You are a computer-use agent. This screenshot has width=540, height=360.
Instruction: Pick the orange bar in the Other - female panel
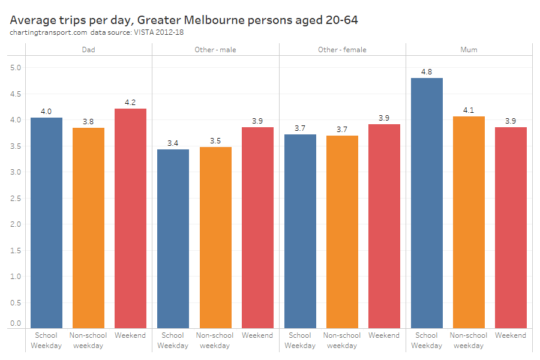[342, 232]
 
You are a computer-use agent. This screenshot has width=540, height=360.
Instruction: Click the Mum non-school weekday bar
[469, 222]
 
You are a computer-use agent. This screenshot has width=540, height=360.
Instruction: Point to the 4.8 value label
[427, 72]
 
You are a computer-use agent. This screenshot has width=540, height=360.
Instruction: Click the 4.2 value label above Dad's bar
[130, 103]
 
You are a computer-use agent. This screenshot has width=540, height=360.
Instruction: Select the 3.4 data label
[173, 143]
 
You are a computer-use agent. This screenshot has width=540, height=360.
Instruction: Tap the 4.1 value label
[469, 110]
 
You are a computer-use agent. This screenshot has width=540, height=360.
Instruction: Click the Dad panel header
[88, 50]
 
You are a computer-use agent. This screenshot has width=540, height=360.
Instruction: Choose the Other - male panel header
[215, 50]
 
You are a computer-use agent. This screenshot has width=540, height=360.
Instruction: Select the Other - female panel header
[342, 50]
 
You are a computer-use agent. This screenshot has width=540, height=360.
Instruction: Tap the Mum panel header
[469, 50]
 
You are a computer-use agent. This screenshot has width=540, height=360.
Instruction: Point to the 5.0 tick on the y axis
[16, 68]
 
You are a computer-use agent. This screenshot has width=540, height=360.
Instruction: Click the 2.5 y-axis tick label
[16, 198]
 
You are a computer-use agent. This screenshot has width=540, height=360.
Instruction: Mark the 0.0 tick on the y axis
[16, 323]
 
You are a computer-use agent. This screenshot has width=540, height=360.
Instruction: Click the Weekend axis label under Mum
[511, 335]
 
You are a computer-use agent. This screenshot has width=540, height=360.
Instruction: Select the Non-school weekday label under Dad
[88, 340]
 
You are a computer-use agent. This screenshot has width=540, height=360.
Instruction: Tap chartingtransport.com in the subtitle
[49, 32]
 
